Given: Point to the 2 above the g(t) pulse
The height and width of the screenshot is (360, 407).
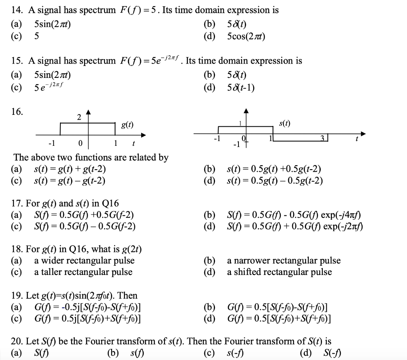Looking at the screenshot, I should point(79,117).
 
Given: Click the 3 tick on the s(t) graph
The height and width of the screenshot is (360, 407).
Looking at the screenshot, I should point(324,137).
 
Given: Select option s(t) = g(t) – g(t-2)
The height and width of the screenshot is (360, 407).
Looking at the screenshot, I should point(70,181).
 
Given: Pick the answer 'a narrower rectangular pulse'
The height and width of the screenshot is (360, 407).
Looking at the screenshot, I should point(284,261).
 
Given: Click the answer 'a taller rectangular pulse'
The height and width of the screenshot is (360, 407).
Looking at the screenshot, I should point(83,272).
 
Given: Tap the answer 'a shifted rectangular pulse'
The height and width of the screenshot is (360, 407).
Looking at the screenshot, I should point(279,272).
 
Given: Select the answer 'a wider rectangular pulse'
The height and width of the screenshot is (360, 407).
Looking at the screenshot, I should point(84,261).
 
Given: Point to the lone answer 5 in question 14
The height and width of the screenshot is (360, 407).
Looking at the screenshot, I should point(37,37).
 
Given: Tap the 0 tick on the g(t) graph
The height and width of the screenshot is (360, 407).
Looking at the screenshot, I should point(80,143).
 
